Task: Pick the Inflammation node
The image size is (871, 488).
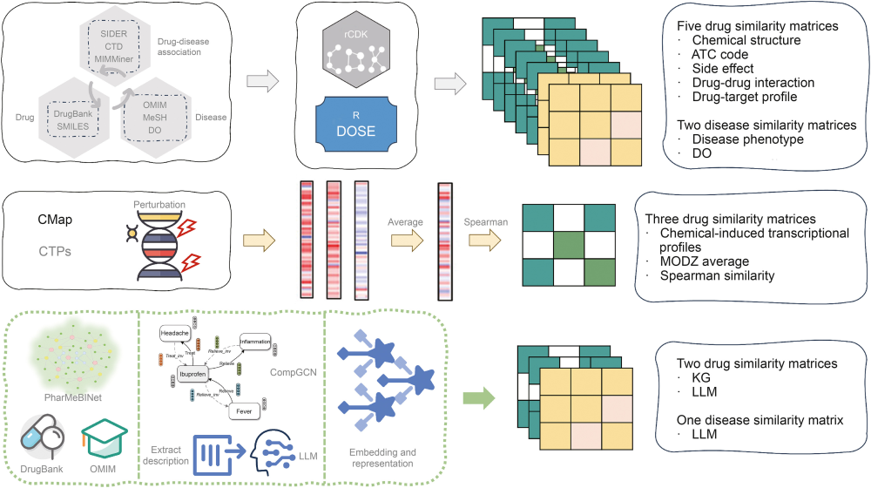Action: pyautogui.click(x=250, y=341)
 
